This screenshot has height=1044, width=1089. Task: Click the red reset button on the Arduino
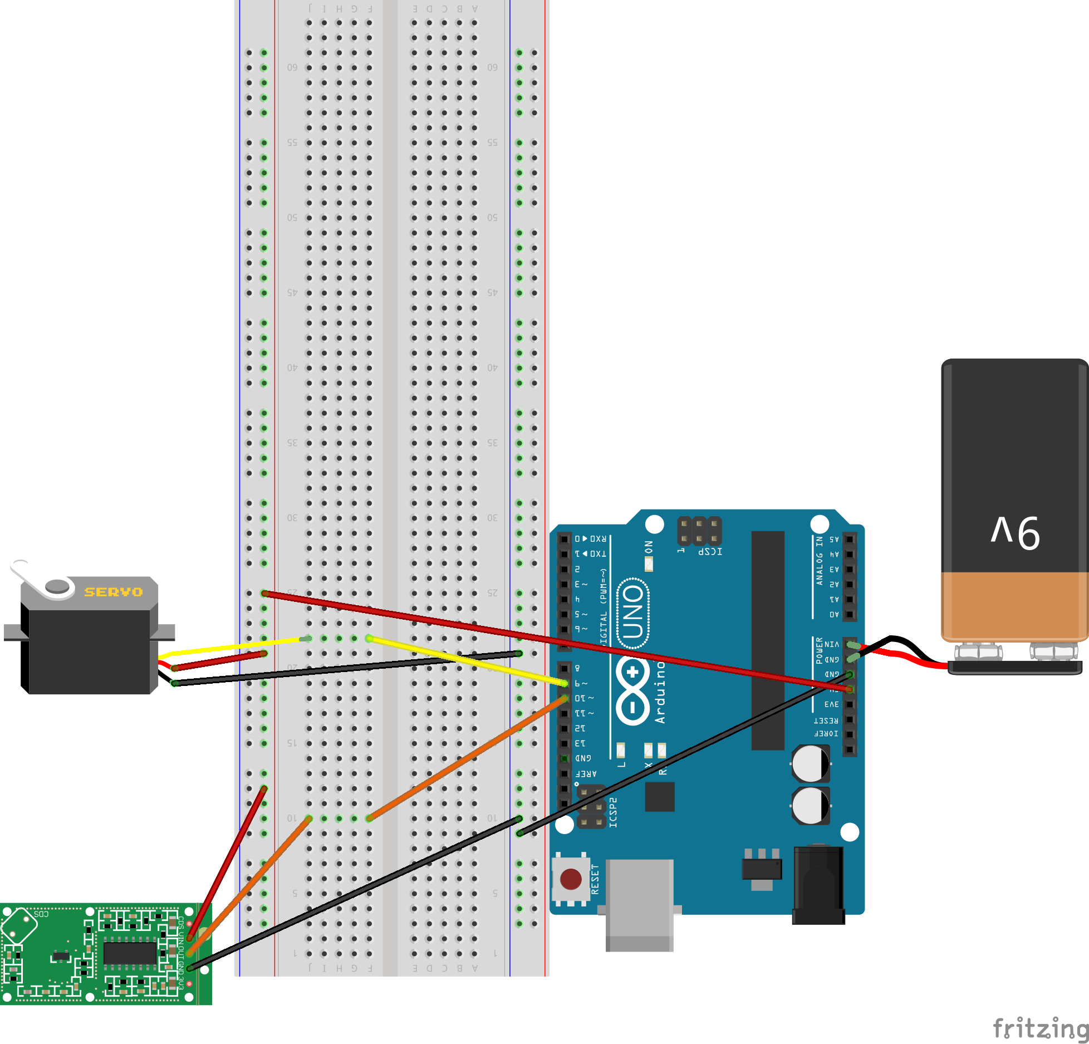click(571, 879)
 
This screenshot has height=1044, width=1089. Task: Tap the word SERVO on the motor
click(114, 592)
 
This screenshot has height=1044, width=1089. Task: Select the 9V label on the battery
click(1015, 532)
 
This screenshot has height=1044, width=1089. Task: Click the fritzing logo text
click(1040, 1028)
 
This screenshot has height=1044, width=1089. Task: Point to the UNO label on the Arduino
click(634, 613)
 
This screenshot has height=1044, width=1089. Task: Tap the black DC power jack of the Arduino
click(818, 885)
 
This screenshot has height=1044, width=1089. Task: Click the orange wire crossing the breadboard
click(468, 758)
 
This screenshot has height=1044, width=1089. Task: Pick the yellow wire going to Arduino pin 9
click(468, 661)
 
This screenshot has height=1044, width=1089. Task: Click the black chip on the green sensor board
click(130, 953)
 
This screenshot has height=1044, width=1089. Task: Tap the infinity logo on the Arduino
click(633, 691)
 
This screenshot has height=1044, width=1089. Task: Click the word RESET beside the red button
click(595, 879)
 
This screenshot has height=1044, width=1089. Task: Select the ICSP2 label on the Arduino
click(613, 812)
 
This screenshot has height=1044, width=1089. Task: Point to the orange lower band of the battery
click(1014, 606)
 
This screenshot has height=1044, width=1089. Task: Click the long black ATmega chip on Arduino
click(768, 640)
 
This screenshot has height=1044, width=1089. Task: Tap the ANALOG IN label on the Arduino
click(819, 560)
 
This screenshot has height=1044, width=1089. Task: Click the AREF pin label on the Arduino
click(586, 773)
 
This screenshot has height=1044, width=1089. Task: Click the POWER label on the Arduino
click(819, 650)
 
